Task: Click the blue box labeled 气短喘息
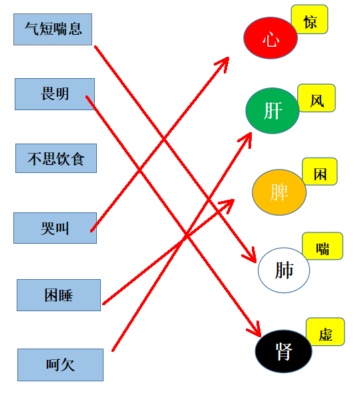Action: coord(53,29)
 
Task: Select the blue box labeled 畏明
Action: coord(55,94)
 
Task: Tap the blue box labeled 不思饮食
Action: coord(56,158)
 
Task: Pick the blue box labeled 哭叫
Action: coord(55,228)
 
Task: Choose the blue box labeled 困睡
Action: coord(59,295)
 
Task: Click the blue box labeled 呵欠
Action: coord(60,365)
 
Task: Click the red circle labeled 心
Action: coord(271,38)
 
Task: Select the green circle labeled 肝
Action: coord(273,111)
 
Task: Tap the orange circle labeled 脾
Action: coord(279,192)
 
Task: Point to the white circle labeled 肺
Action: coord(284,270)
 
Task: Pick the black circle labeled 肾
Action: coord(284,351)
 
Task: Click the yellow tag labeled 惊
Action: coord(310,19)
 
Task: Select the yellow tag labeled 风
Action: coord(317,98)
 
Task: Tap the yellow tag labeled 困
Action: coord(320,172)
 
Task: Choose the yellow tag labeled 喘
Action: coord(323,246)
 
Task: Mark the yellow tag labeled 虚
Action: coord(325,332)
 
